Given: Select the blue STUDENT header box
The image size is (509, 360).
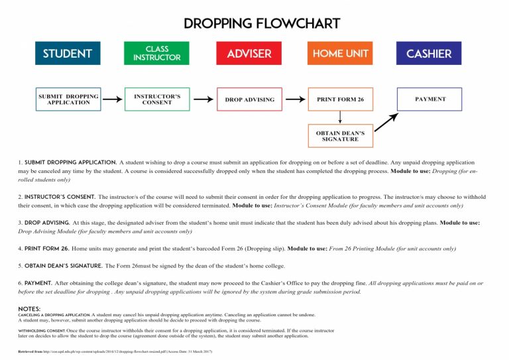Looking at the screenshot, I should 68,53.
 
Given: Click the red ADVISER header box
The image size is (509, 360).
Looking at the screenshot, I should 249,53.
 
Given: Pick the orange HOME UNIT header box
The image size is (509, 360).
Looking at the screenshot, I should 340,53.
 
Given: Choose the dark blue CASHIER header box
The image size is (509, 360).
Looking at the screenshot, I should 429,53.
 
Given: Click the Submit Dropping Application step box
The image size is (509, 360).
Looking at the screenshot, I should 69,99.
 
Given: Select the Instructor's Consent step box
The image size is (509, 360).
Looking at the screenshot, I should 157,99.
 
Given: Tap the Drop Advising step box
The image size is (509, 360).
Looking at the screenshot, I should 249,99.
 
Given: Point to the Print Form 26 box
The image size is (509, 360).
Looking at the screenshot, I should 340,99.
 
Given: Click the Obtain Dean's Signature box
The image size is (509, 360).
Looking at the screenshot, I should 340,136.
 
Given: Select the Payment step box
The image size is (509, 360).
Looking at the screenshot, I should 430,99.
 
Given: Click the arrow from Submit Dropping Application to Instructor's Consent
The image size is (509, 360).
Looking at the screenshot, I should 113,99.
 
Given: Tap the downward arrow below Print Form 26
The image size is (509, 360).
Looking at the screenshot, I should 340,117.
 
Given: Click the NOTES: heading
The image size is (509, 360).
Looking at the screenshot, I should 30,308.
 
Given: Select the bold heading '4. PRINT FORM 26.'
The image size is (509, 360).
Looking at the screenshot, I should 44,249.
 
